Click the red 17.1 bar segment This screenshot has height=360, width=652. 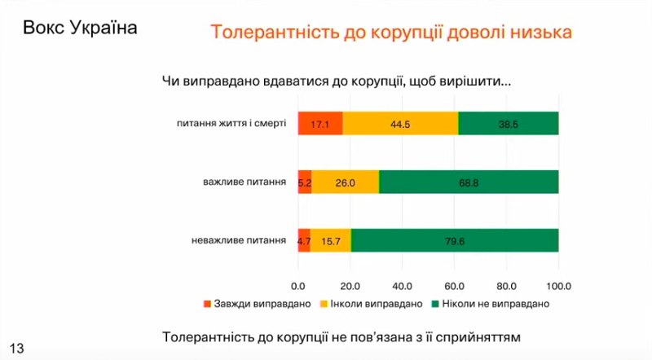click(x=319, y=123)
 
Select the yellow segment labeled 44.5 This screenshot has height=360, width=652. click(x=400, y=123)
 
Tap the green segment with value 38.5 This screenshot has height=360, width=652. click(x=509, y=123)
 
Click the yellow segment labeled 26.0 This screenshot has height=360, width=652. click(x=346, y=182)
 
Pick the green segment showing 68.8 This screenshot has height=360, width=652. click(x=469, y=182)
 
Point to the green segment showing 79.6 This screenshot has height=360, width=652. click(x=455, y=240)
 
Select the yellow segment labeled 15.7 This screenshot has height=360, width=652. click(x=330, y=240)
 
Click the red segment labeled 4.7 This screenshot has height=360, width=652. click(x=304, y=240)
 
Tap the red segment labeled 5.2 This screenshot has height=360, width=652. click(x=305, y=182)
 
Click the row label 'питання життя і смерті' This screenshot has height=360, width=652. click(x=232, y=124)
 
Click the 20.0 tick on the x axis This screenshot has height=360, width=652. click(x=350, y=285)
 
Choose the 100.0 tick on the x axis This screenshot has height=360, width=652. click(x=557, y=285)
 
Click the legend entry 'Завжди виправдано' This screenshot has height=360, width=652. click(x=258, y=304)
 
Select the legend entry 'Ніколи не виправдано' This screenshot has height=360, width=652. click(x=490, y=304)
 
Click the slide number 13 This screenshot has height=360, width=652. click(x=16, y=349)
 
